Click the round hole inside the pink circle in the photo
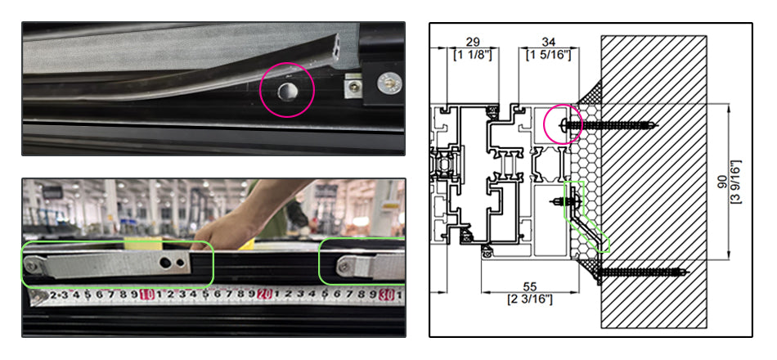286,91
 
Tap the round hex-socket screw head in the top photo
387,82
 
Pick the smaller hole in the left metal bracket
180,262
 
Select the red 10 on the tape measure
146,295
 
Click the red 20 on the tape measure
265,295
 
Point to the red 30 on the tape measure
387,296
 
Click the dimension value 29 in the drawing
473,43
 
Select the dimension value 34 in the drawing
549,43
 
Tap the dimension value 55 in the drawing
530,287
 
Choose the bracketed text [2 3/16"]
530,299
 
